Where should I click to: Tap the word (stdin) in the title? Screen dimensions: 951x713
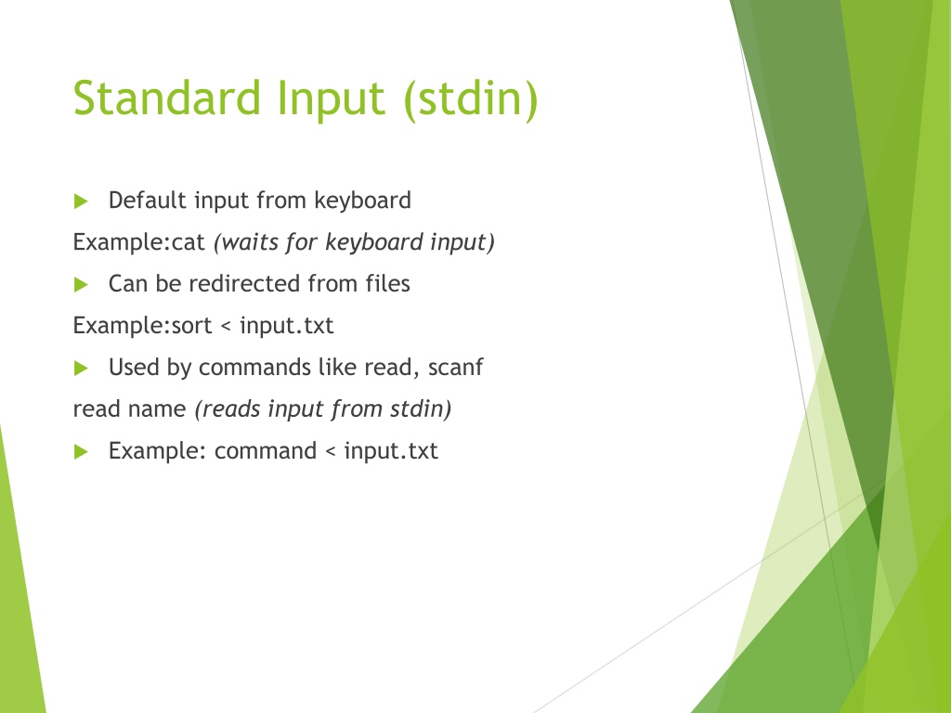[471, 98]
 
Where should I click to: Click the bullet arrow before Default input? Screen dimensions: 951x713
[81, 201]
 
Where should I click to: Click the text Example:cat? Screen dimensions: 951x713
[139, 242]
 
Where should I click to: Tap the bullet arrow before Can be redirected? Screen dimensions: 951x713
[81, 284]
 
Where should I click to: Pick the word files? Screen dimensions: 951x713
[387, 284]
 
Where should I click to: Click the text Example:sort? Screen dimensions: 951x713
[142, 326]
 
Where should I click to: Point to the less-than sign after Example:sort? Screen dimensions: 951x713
[227, 327]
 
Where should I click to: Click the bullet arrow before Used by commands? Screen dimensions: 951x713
[81, 368]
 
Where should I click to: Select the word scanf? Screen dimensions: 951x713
[455, 368]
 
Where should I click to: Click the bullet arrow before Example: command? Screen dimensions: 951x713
[81, 452]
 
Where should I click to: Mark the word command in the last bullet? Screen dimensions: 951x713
[266, 451]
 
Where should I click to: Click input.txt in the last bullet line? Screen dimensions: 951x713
[391, 452]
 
